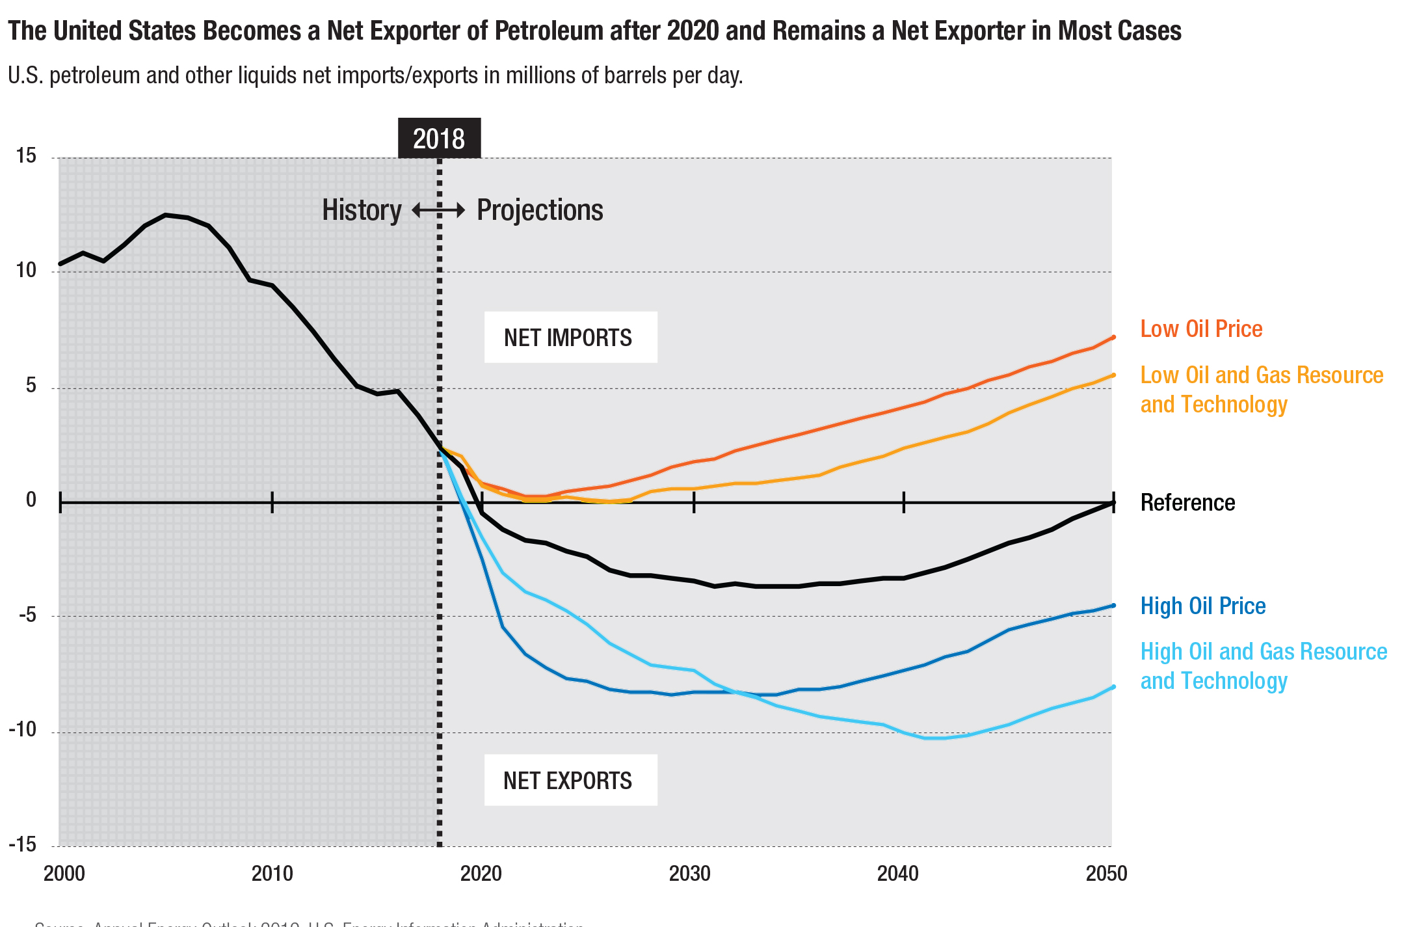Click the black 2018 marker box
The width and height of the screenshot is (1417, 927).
click(439, 138)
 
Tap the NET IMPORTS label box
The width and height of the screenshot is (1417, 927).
click(570, 337)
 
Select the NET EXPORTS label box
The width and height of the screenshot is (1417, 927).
click(570, 780)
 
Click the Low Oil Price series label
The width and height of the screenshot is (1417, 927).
click(1201, 329)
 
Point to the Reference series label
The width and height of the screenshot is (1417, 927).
click(1187, 503)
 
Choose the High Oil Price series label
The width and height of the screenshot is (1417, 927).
click(1202, 606)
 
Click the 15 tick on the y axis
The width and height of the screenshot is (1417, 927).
click(26, 155)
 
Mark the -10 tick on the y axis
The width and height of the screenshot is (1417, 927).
click(22, 729)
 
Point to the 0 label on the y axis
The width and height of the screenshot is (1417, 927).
click(31, 500)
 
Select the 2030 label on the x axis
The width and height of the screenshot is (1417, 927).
click(689, 873)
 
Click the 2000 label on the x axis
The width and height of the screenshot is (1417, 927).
click(64, 873)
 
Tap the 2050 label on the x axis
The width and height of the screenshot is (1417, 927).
click(1106, 873)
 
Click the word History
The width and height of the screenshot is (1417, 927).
click(362, 210)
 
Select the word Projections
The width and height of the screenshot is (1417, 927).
click(540, 210)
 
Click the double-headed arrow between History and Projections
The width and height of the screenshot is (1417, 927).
click(439, 210)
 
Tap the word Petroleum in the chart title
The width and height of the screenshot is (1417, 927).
click(549, 31)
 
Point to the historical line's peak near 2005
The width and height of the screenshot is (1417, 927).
click(166, 215)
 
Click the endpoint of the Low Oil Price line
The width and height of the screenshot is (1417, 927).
click(1113, 337)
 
